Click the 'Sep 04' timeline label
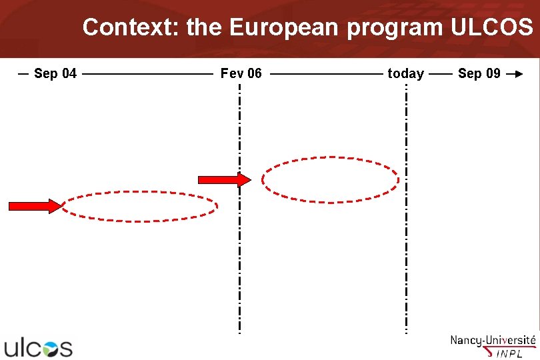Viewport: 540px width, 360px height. [55, 73]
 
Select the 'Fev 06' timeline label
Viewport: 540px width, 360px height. [241, 73]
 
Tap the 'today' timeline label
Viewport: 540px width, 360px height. [405, 73]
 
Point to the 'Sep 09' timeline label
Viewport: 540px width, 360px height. [479, 73]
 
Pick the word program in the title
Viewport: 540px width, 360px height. [397, 27]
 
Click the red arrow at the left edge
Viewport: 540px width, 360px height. [34, 206]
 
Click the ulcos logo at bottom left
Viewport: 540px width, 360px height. [38, 347]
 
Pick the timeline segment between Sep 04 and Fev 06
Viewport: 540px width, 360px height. [147, 74]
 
